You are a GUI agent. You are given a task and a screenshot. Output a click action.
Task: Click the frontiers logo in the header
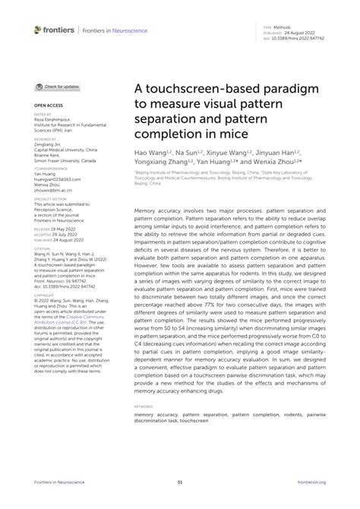pos(55,30)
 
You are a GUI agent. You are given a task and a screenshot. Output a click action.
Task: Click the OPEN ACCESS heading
pos(48,106)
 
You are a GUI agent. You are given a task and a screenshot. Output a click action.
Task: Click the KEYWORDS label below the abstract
pos(143,406)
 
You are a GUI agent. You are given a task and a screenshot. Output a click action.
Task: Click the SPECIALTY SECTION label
pos(51,199)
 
